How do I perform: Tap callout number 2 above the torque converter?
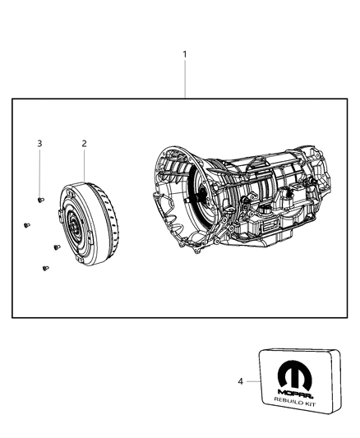[84, 144]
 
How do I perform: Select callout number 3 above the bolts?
[39, 144]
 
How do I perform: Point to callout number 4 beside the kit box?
[241, 381]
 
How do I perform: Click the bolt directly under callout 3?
[40, 199]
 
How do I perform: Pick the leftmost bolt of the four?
[26, 224]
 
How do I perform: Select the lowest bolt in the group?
[43, 267]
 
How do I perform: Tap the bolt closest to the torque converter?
[55, 246]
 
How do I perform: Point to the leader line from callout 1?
[184, 78]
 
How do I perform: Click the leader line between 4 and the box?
[253, 381]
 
